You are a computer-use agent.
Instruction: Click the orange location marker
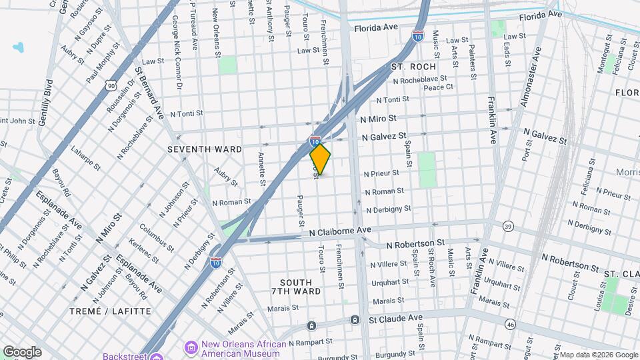click(320, 159)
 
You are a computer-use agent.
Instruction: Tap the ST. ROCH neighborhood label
click(413, 67)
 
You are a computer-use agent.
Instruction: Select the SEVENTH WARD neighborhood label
click(205, 149)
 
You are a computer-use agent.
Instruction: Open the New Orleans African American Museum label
click(243, 349)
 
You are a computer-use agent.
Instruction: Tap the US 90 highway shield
click(111, 85)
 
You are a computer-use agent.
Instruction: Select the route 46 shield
click(510, 324)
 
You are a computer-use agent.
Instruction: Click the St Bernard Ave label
click(149, 93)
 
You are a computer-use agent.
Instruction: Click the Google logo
click(22, 351)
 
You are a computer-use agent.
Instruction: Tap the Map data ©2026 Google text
click(598, 355)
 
